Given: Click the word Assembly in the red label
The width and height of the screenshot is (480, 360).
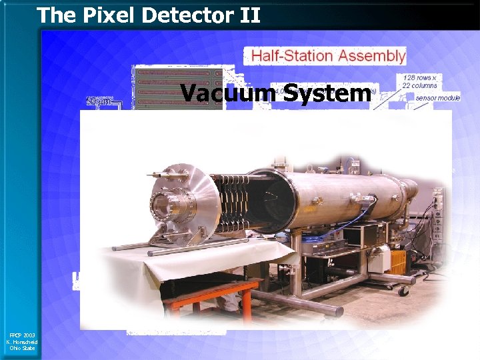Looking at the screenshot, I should pos(371,56).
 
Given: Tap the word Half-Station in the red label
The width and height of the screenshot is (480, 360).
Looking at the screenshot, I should pos(292,56).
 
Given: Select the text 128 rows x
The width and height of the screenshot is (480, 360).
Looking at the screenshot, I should pos(420,77).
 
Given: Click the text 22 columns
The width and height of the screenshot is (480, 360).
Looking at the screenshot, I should pos(420,85).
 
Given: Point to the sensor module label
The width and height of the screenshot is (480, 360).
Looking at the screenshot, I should pos(438,98).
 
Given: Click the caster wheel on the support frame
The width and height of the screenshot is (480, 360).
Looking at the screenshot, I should pos(401,291).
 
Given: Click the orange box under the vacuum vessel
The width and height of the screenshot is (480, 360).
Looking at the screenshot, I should pos(398,263).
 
